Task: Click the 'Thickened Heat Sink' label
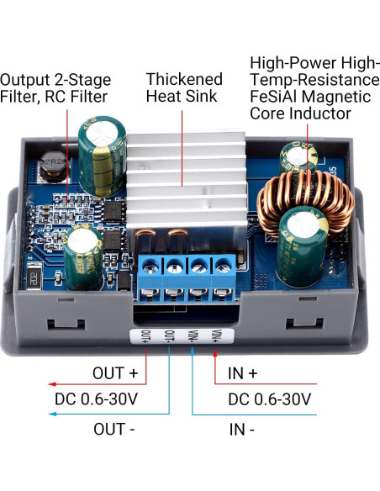[x=184, y=87]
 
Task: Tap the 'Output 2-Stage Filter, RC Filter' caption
[x=54, y=87]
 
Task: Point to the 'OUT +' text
[x=119, y=371]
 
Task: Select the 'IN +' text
[x=243, y=371]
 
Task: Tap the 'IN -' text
[x=242, y=429]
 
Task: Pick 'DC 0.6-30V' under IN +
[x=269, y=399]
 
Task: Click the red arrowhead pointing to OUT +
[x=7, y=383]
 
